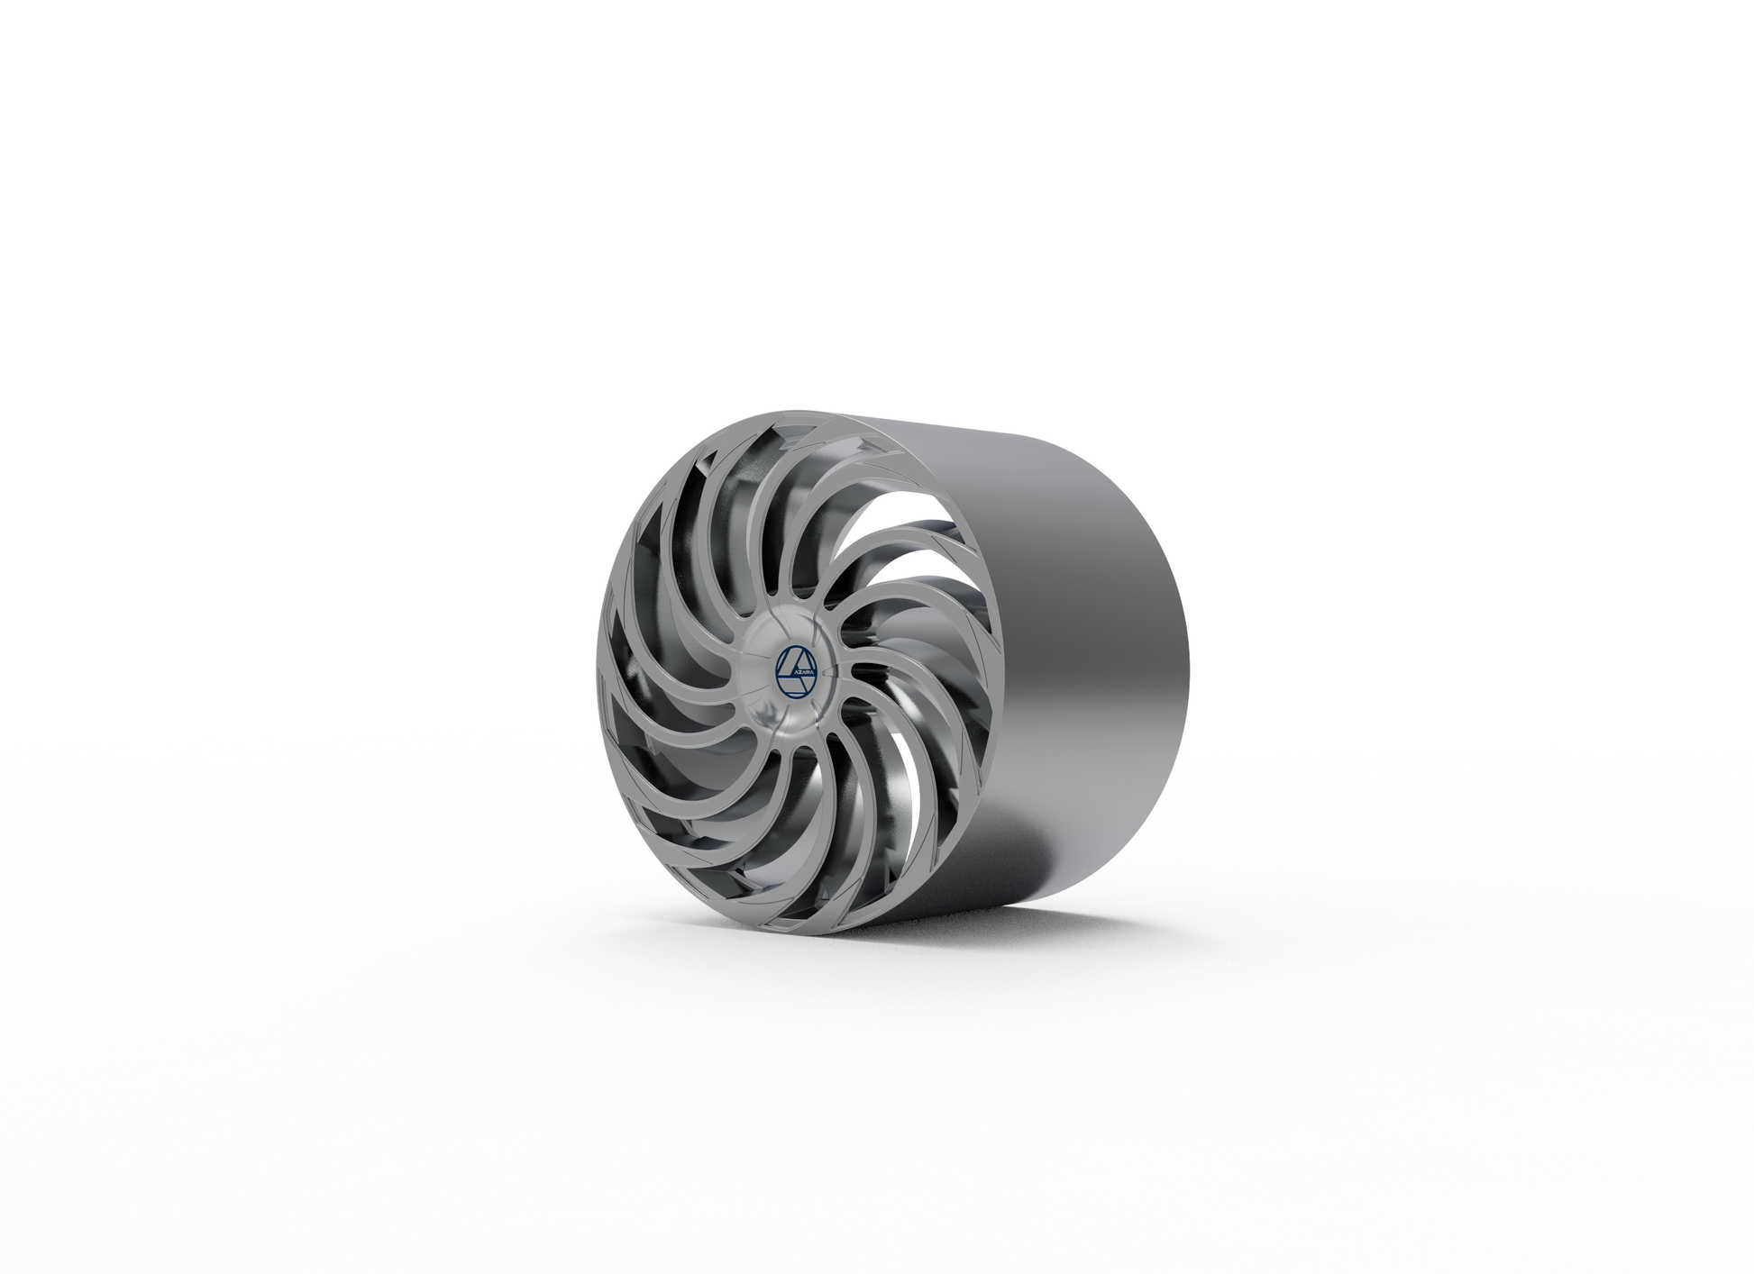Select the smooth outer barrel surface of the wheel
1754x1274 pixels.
pyautogui.click(x=1082, y=631)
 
